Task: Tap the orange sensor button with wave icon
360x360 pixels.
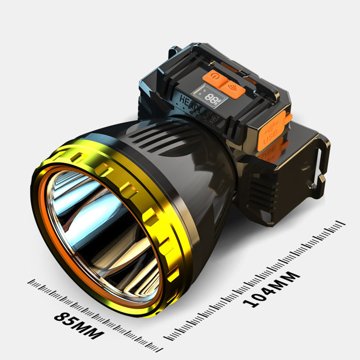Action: [x=233, y=90]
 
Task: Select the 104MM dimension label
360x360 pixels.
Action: [x=271, y=290]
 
